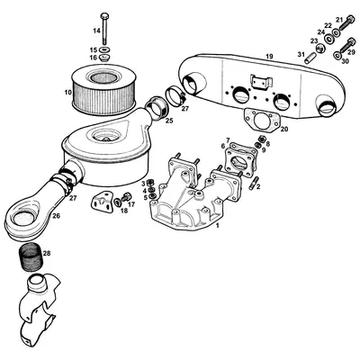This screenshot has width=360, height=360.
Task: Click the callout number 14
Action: tap(96, 31)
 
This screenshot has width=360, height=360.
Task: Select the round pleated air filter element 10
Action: tap(106, 90)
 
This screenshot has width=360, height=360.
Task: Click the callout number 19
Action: tap(268, 57)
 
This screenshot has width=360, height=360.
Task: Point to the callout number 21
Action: tap(339, 19)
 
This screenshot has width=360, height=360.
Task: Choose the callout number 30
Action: tap(346, 60)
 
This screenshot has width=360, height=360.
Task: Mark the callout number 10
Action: tap(67, 91)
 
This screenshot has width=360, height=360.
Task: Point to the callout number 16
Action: tap(93, 58)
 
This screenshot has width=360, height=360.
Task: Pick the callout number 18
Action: tap(124, 210)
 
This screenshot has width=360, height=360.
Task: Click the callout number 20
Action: tap(283, 130)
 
